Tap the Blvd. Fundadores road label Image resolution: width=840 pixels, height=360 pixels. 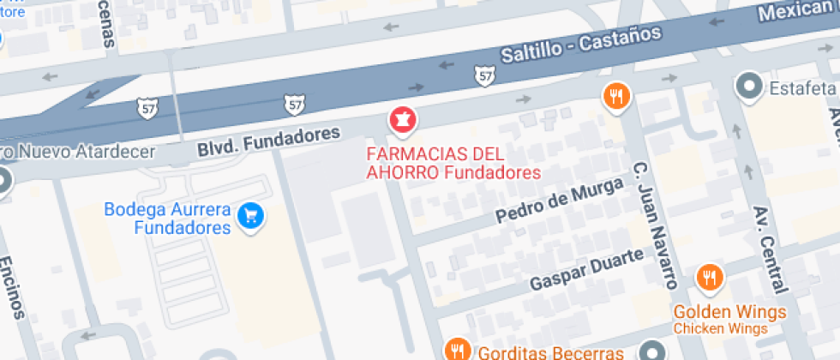[x=268, y=141]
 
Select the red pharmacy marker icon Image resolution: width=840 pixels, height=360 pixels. [x=401, y=121]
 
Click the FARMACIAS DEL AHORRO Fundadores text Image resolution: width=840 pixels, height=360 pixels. [x=453, y=164]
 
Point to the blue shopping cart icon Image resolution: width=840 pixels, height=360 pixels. [x=250, y=214]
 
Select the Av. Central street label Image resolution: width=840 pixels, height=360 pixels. [x=770, y=249]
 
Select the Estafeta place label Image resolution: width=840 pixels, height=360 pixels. [x=802, y=88]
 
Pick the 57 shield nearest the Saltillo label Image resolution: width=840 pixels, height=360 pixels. [x=484, y=77]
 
